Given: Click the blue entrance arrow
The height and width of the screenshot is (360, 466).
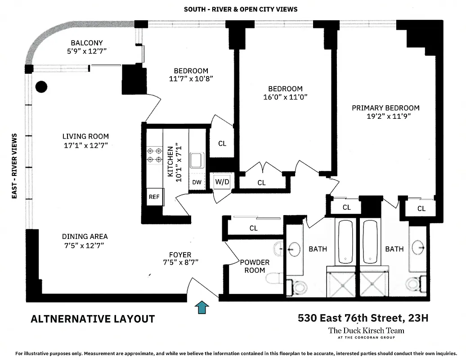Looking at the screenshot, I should [x=202, y=307].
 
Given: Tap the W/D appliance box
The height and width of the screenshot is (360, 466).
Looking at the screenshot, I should [x=222, y=182].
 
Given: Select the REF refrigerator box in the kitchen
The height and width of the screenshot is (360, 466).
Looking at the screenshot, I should [x=154, y=197].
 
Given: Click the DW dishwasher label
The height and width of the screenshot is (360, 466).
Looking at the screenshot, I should [x=197, y=182].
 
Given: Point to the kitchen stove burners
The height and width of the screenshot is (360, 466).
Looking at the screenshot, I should [x=154, y=155].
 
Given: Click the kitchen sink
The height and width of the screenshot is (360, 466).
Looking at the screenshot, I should [x=197, y=160].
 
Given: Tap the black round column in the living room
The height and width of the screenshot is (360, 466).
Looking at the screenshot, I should [x=41, y=86].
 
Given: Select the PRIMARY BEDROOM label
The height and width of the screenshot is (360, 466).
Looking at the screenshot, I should [x=385, y=108].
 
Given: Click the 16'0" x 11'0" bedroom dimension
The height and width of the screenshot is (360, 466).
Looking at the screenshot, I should [x=285, y=97].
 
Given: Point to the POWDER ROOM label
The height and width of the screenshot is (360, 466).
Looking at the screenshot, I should [x=255, y=266].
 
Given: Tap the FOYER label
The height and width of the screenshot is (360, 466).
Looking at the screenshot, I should [x=180, y=255].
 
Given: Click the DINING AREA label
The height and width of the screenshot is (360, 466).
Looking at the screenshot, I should [x=85, y=236].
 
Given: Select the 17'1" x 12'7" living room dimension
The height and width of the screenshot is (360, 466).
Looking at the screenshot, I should [x=85, y=145].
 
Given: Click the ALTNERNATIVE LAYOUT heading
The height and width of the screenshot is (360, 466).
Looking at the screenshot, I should [x=93, y=319].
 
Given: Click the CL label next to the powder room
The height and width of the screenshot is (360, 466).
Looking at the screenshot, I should [x=254, y=228].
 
